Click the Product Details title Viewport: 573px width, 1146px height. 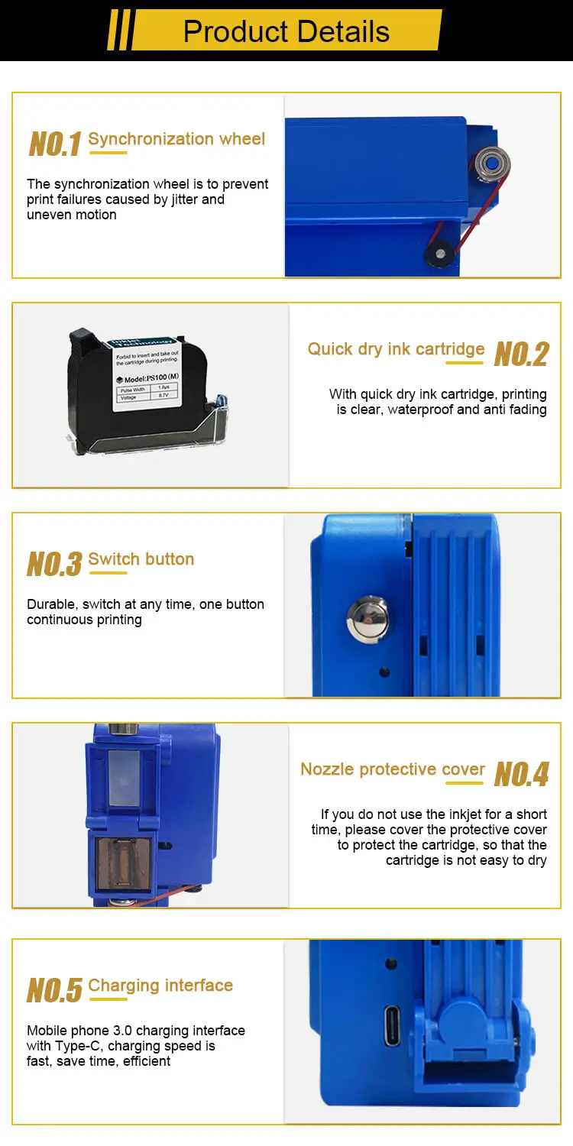(x=286, y=31)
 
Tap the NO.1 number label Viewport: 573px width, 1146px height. (x=54, y=144)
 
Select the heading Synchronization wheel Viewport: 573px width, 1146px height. (x=176, y=139)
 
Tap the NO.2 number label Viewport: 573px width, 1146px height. (x=521, y=354)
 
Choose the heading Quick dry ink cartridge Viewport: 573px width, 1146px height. (x=396, y=349)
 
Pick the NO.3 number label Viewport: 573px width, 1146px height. (x=54, y=565)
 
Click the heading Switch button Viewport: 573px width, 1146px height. (x=141, y=559)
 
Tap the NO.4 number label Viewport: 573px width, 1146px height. (x=521, y=775)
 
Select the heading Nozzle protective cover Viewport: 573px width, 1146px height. (x=393, y=769)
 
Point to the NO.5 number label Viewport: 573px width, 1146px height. (x=54, y=991)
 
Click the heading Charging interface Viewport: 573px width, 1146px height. (x=160, y=986)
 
